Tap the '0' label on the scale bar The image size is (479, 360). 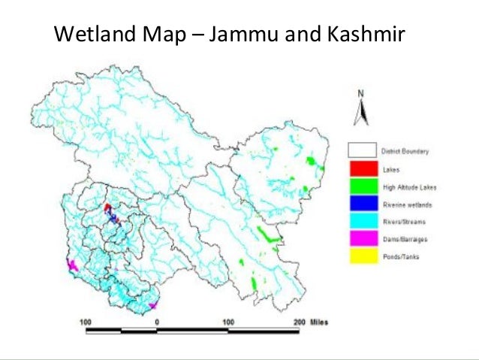click(x=157, y=321)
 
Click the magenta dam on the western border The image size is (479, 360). click(x=73, y=265)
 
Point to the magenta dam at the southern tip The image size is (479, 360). click(x=152, y=305)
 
